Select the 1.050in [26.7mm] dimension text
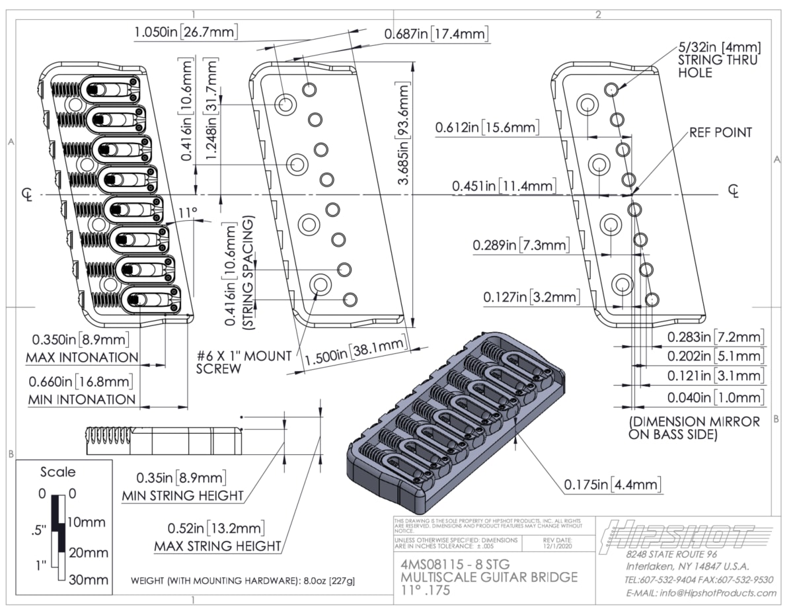[x=186, y=32]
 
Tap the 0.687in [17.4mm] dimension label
[x=437, y=34]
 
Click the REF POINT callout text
[x=720, y=132]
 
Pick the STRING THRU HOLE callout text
[x=719, y=60]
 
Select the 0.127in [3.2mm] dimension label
[x=531, y=297]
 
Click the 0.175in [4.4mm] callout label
[x=613, y=485]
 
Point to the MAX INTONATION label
[x=82, y=358]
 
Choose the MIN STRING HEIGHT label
[x=183, y=496]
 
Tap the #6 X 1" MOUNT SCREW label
[x=243, y=362]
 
